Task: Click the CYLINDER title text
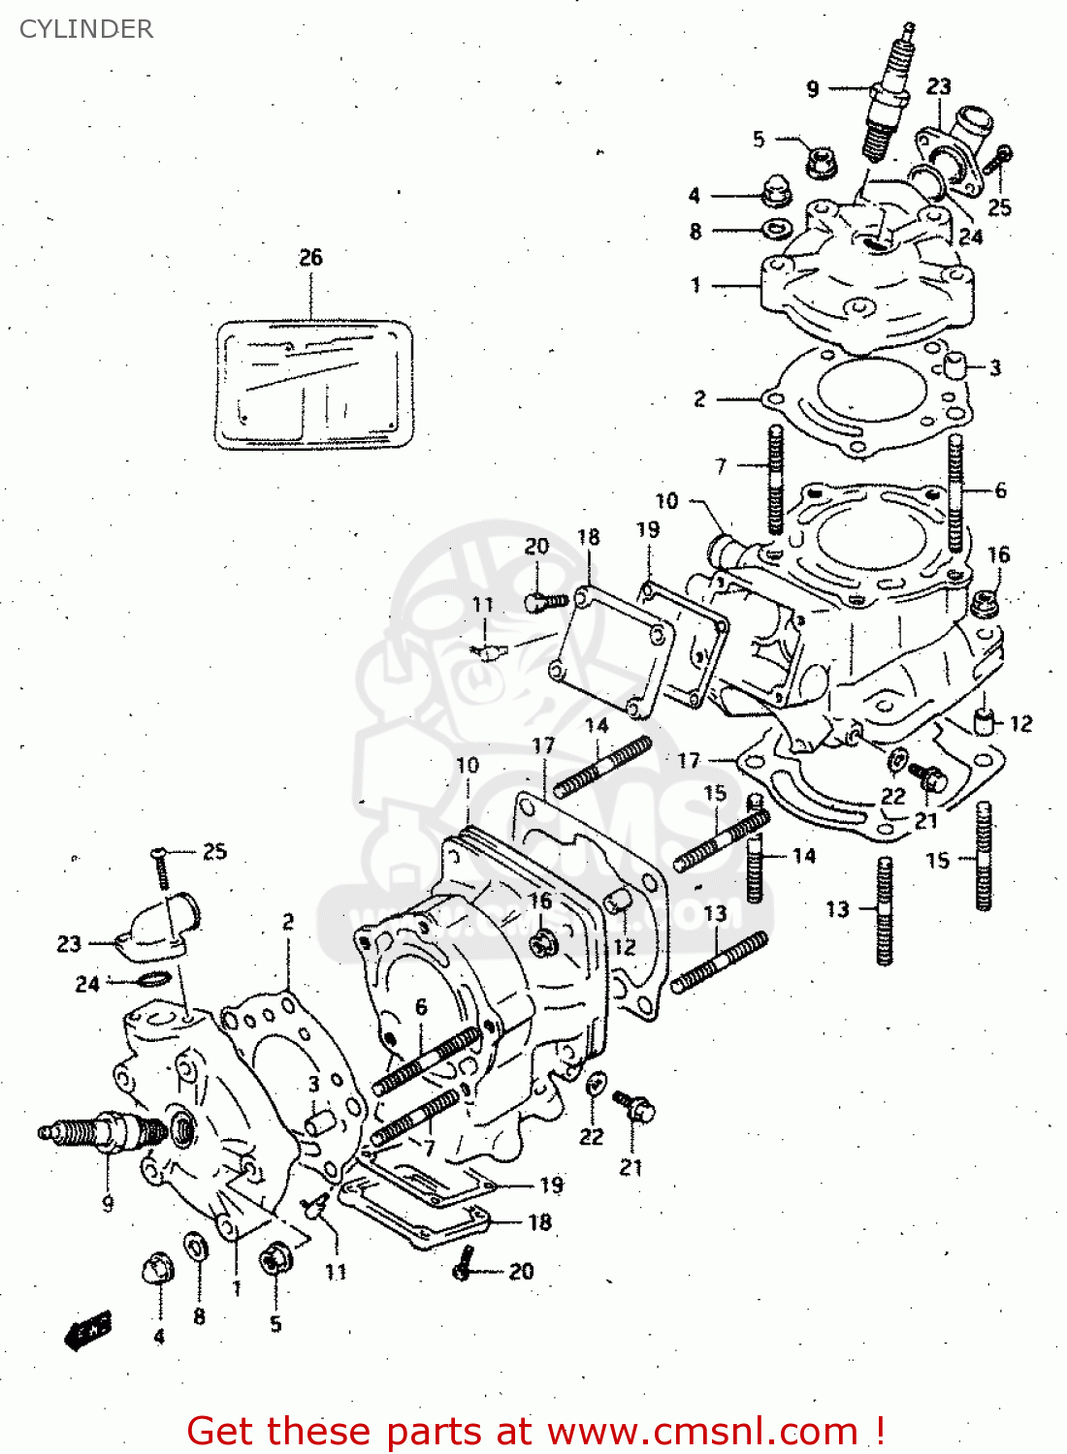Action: click(x=86, y=29)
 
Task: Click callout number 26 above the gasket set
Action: click(x=310, y=257)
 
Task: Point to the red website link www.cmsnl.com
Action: click(x=703, y=1431)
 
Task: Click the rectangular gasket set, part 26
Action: click(x=315, y=385)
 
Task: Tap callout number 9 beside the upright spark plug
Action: click(x=813, y=89)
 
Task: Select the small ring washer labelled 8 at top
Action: click(x=776, y=231)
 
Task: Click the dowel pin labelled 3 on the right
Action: click(x=954, y=366)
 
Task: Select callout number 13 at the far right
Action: click(x=837, y=909)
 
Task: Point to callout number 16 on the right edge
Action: click(x=998, y=554)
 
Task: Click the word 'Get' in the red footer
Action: click(x=223, y=1431)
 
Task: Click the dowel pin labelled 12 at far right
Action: click(x=985, y=722)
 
